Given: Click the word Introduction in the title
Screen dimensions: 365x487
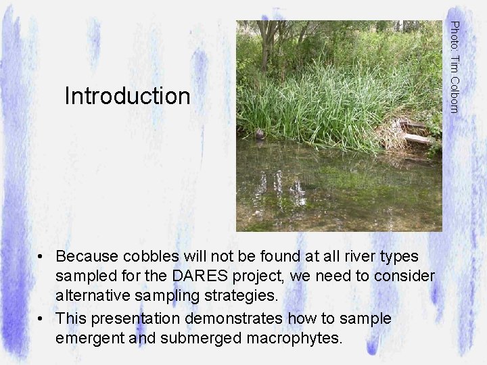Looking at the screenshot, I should point(127,96).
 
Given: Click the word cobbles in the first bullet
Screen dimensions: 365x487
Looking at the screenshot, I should point(154,257).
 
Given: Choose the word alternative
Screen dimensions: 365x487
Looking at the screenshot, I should point(93,296).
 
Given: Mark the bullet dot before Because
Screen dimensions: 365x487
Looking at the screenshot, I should point(42,258).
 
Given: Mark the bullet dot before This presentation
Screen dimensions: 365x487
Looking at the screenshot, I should point(42,318).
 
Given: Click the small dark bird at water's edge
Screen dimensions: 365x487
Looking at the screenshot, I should point(260,135).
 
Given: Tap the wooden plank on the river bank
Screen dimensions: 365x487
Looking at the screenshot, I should point(417,139).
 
